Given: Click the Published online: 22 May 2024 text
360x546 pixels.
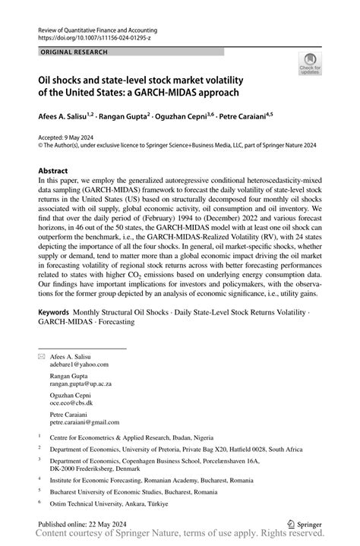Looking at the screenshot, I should [x=84, y=524].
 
